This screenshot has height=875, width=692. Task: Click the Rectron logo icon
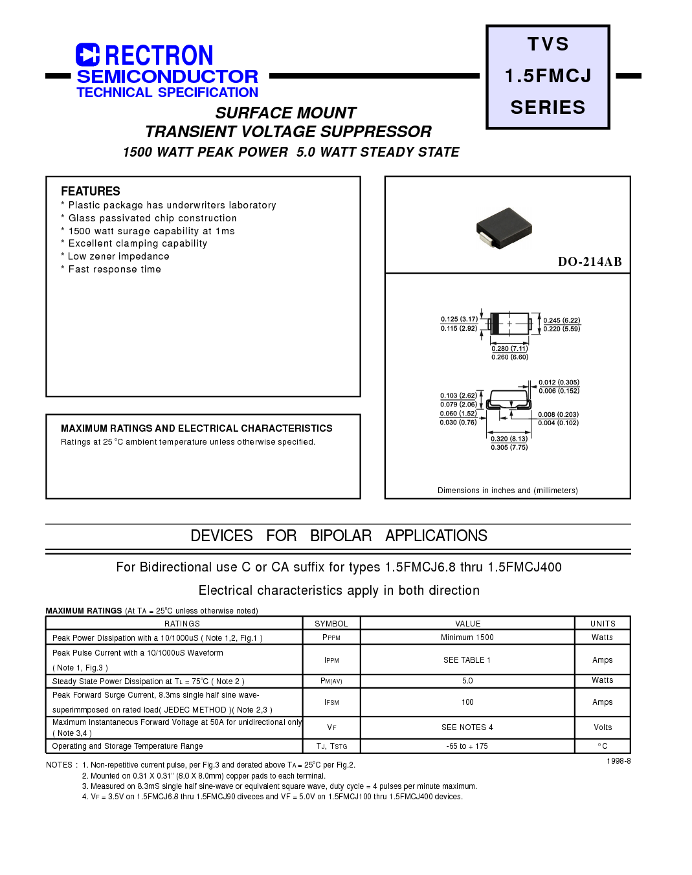[x=87, y=55]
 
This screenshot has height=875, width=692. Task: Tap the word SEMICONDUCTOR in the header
[x=167, y=76]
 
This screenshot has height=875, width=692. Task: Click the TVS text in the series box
[x=548, y=44]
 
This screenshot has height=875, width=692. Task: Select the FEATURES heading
[x=91, y=192]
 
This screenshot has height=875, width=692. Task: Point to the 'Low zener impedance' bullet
[x=118, y=256]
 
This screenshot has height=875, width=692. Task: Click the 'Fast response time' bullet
[x=115, y=269]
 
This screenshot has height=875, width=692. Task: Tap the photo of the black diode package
[x=504, y=227]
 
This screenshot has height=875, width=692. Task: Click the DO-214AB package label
[x=589, y=262]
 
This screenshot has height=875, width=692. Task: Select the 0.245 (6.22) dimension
[x=561, y=320]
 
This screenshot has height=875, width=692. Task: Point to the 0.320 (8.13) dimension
[x=509, y=439]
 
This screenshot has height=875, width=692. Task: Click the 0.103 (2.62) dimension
[x=458, y=395]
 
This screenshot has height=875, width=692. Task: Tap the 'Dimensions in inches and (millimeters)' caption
[x=508, y=491]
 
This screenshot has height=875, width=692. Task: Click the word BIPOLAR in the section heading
[x=340, y=536]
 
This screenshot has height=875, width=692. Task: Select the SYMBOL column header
[x=331, y=624]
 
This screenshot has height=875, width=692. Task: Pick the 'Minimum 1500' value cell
[x=467, y=637]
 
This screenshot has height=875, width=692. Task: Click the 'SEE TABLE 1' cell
[x=467, y=660]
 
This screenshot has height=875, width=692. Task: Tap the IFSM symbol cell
[x=331, y=702]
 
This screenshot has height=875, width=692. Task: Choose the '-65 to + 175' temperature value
[x=467, y=746]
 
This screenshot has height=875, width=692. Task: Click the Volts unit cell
[x=603, y=727]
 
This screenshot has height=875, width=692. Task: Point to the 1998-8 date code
[x=619, y=761]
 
